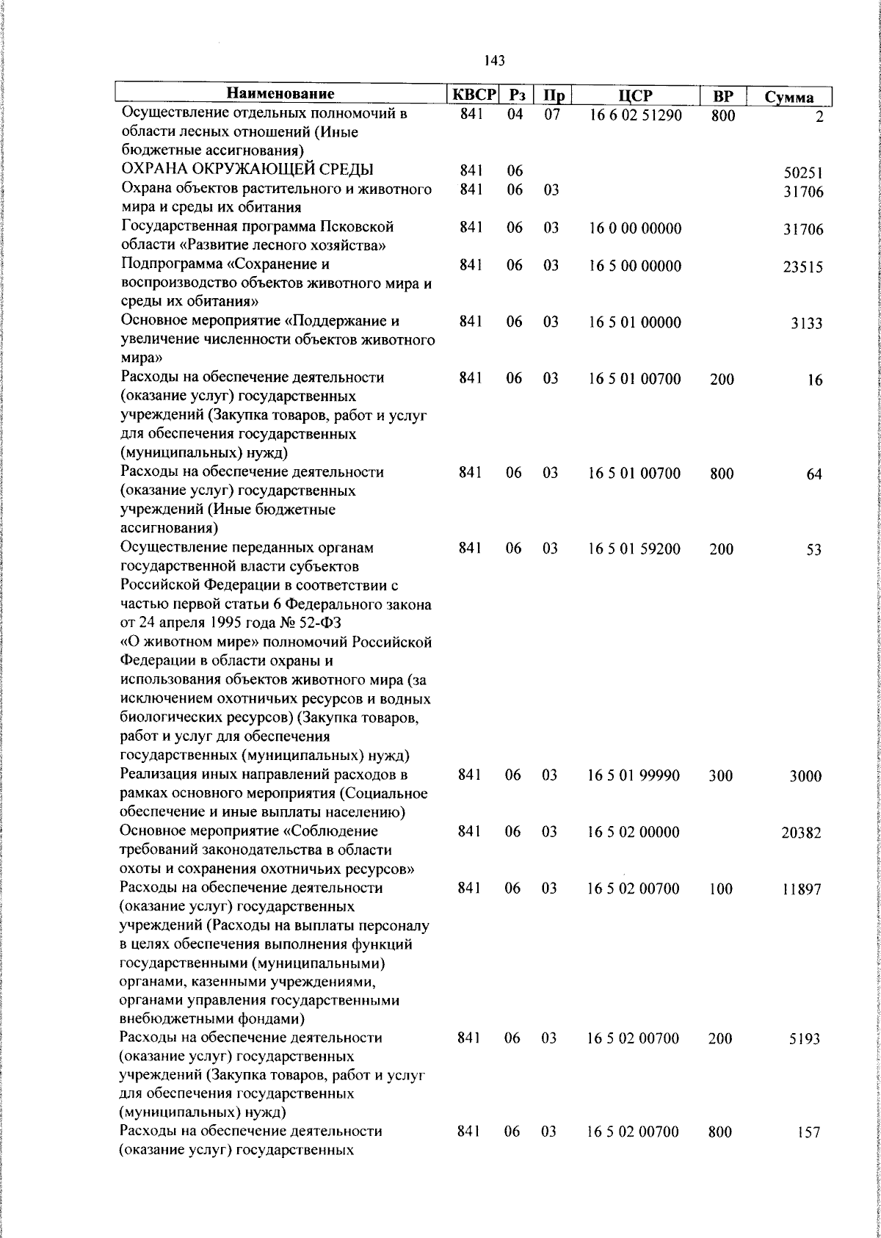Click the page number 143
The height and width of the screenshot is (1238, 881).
[495, 61]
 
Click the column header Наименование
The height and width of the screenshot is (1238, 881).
[280, 94]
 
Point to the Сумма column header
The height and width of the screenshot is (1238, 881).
[788, 97]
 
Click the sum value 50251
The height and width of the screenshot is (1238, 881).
[803, 174]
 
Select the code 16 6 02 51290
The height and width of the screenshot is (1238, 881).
[635, 115]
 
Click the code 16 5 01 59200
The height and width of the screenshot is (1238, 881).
[634, 549]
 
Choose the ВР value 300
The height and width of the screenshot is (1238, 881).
[721, 775]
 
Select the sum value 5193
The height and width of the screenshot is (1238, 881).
[805, 1040]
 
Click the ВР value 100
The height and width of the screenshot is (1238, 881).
[721, 889]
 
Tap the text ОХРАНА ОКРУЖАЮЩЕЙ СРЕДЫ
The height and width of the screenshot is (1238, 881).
[247, 170]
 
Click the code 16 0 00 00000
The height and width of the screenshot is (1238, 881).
[635, 228]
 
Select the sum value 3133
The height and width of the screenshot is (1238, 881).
[806, 324]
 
